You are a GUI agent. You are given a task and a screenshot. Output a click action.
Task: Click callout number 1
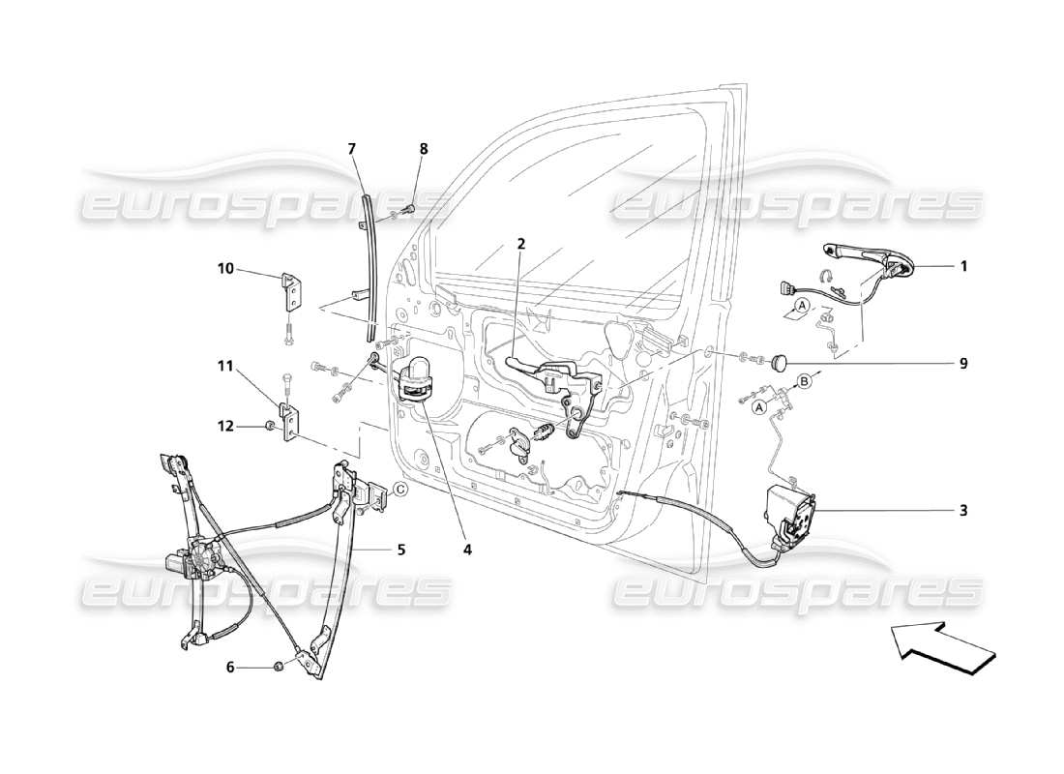pyautogui.click(x=963, y=265)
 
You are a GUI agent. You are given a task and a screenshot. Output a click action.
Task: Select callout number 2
pyautogui.click(x=520, y=244)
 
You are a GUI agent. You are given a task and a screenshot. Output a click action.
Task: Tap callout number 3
pyautogui.click(x=963, y=510)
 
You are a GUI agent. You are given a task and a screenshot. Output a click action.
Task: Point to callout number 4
pyautogui.click(x=467, y=550)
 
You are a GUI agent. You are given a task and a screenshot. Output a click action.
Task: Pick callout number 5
pyautogui.click(x=399, y=550)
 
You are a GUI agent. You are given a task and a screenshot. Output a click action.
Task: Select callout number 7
pyautogui.click(x=352, y=148)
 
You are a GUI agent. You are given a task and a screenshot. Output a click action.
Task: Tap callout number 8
pyautogui.click(x=423, y=148)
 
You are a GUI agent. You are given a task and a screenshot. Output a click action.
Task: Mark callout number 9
pyautogui.click(x=963, y=364)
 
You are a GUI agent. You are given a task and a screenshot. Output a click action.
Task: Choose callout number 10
pyautogui.click(x=225, y=268)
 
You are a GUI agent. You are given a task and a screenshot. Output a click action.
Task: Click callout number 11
pyautogui.click(x=225, y=366)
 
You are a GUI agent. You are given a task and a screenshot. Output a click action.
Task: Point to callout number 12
pyautogui.click(x=225, y=426)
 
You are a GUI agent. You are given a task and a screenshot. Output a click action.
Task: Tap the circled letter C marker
pyautogui.click(x=399, y=490)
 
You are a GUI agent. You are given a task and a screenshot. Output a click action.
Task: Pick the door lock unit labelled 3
pyautogui.click(x=791, y=515)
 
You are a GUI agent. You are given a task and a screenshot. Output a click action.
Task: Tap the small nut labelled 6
pyautogui.click(x=278, y=666)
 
